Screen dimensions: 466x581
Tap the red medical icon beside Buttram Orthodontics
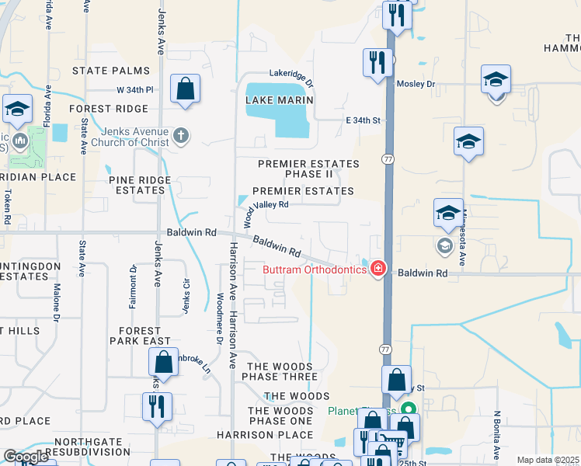[x=378, y=269]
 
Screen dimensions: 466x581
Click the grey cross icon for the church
[x=181, y=136]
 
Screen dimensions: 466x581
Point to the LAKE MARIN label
[x=280, y=100]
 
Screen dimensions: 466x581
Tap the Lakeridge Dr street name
[x=291, y=76]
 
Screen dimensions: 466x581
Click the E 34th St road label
[x=364, y=120]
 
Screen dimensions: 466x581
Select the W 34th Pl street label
[x=136, y=90]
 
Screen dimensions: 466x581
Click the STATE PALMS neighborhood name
[x=110, y=71]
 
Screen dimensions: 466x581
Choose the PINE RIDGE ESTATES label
[x=140, y=185]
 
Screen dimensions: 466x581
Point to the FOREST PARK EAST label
[x=140, y=335]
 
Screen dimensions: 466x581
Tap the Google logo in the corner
[x=26, y=457]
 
